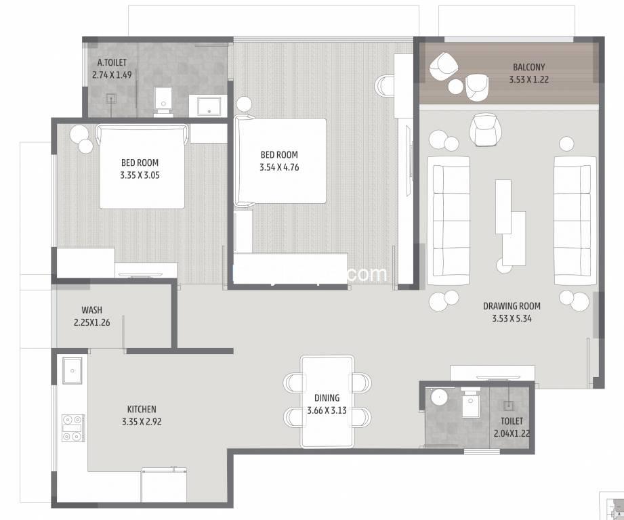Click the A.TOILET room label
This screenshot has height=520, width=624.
(x=110, y=63)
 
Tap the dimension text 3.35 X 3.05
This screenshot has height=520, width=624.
(x=140, y=175)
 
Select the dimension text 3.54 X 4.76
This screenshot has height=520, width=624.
(x=278, y=167)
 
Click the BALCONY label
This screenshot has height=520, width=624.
(x=528, y=67)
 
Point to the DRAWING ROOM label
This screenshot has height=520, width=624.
(x=512, y=306)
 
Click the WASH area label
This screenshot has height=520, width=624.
(x=91, y=310)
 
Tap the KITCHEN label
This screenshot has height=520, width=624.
(x=142, y=409)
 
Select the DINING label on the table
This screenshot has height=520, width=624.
(x=327, y=399)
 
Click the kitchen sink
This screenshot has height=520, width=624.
(x=72, y=370)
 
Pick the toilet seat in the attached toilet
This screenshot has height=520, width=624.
(x=163, y=100)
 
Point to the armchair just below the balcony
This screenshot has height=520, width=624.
(x=484, y=129)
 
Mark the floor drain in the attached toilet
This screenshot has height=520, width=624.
(x=111, y=97)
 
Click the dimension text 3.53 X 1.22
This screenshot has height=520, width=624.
(x=528, y=79)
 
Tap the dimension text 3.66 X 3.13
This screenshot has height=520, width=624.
(x=327, y=410)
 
